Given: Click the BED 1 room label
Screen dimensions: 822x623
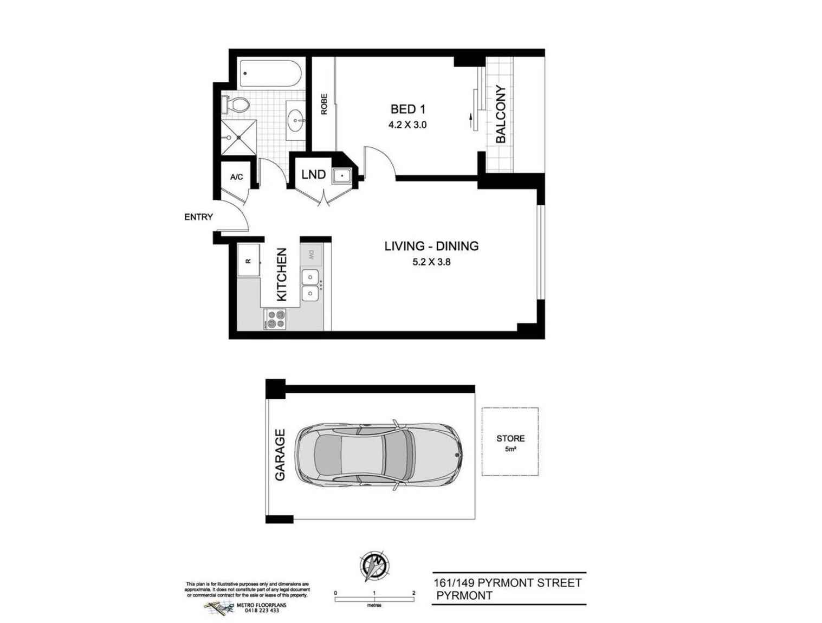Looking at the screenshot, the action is pyautogui.click(x=408, y=109).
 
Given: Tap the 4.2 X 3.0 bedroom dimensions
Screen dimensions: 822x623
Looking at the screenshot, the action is pyautogui.click(x=407, y=125).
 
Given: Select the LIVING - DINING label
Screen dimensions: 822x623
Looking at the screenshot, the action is pyautogui.click(x=431, y=246).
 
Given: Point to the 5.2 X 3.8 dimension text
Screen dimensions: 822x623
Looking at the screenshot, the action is pyautogui.click(x=431, y=262).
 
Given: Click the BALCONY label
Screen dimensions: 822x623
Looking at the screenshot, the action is pyautogui.click(x=500, y=114).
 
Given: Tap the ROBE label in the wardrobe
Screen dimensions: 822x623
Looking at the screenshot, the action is pyautogui.click(x=323, y=104).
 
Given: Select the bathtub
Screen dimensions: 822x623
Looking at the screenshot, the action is pyautogui.click(x=270, y=73).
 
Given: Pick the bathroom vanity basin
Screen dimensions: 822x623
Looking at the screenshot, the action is pyautogui.click(x=296, y=121).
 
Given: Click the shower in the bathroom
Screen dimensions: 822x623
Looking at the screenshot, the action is pyautogui.click(x=238, y=138).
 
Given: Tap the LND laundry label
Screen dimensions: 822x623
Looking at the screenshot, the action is pyautogui.click(x=313, y=174).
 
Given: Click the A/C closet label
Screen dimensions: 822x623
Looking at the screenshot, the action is pyautogui.click(x=236, y=177).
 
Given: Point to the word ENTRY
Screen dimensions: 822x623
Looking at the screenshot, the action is pyautogui.click(x=198, y=217).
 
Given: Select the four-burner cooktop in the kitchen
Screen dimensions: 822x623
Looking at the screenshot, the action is pyautogui.click(x=275, y=319).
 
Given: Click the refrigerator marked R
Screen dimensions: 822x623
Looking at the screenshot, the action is pyautogui.click(x=249, y=260).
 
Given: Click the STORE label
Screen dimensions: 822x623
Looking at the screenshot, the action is pyautogui.click(x=510, y=438).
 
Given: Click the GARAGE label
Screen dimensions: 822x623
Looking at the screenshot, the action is pyautogui.click(x=280, y=455).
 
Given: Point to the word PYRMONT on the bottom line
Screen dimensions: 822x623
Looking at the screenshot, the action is pyautogui.click(x=464, y=595).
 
